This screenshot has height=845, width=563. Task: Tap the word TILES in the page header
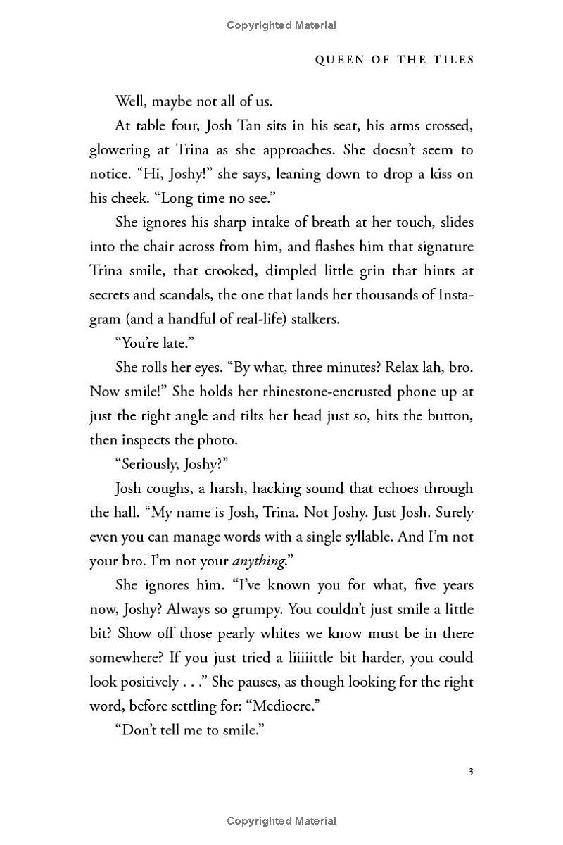point(451,60)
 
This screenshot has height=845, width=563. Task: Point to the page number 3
point(471,772)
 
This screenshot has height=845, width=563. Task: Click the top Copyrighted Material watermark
point(281,25)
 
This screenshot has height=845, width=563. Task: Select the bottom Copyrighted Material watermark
point(281,821)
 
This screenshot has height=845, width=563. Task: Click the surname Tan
point(248,125)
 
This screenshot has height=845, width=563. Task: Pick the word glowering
point(120,150)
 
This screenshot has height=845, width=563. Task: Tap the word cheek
point(125,198)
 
